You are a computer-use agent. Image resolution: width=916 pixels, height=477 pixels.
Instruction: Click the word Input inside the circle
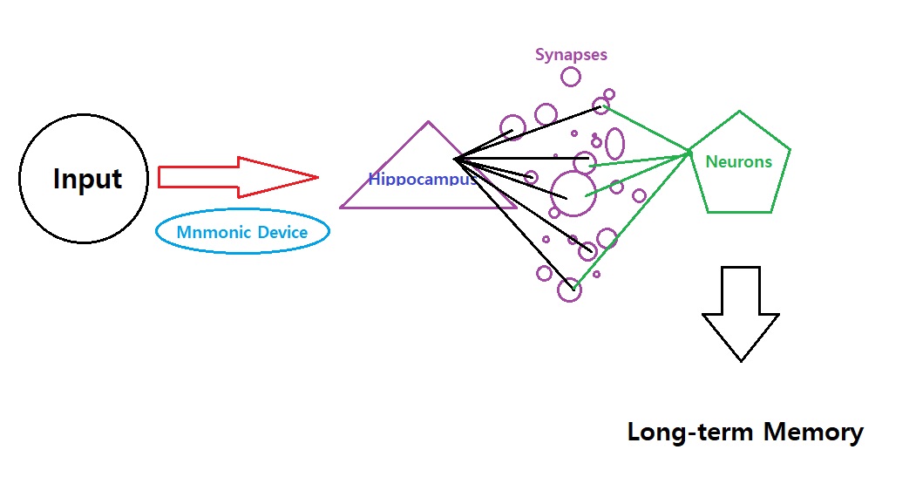(x=87, y=180)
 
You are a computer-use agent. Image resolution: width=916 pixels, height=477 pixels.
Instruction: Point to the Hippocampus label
(x=423, y=180)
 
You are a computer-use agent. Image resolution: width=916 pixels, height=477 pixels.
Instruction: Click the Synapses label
(x=571, y=55)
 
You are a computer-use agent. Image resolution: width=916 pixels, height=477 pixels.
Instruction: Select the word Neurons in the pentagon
(x=738, y=161)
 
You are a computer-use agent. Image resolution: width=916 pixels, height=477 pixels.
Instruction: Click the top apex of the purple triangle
(x=428, y=122)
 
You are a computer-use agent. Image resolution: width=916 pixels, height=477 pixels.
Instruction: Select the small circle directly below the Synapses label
(x=571, y=77)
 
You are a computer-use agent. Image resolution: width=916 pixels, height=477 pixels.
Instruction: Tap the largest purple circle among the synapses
(x=573, y=192)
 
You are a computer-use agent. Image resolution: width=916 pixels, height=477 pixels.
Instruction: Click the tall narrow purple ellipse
(x=615, y=144)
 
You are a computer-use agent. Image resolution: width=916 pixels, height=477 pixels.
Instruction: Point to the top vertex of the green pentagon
(x=740, y=112)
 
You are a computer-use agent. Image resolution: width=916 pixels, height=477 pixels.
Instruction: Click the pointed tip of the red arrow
(x=317, y=177)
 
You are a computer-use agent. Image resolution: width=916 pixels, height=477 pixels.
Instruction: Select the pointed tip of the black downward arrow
(x=741, y=360)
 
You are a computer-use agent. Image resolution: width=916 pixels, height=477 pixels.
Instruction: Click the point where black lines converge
(x=455, y=159)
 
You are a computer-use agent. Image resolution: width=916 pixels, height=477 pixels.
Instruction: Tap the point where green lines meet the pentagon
(x=689, y=154)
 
